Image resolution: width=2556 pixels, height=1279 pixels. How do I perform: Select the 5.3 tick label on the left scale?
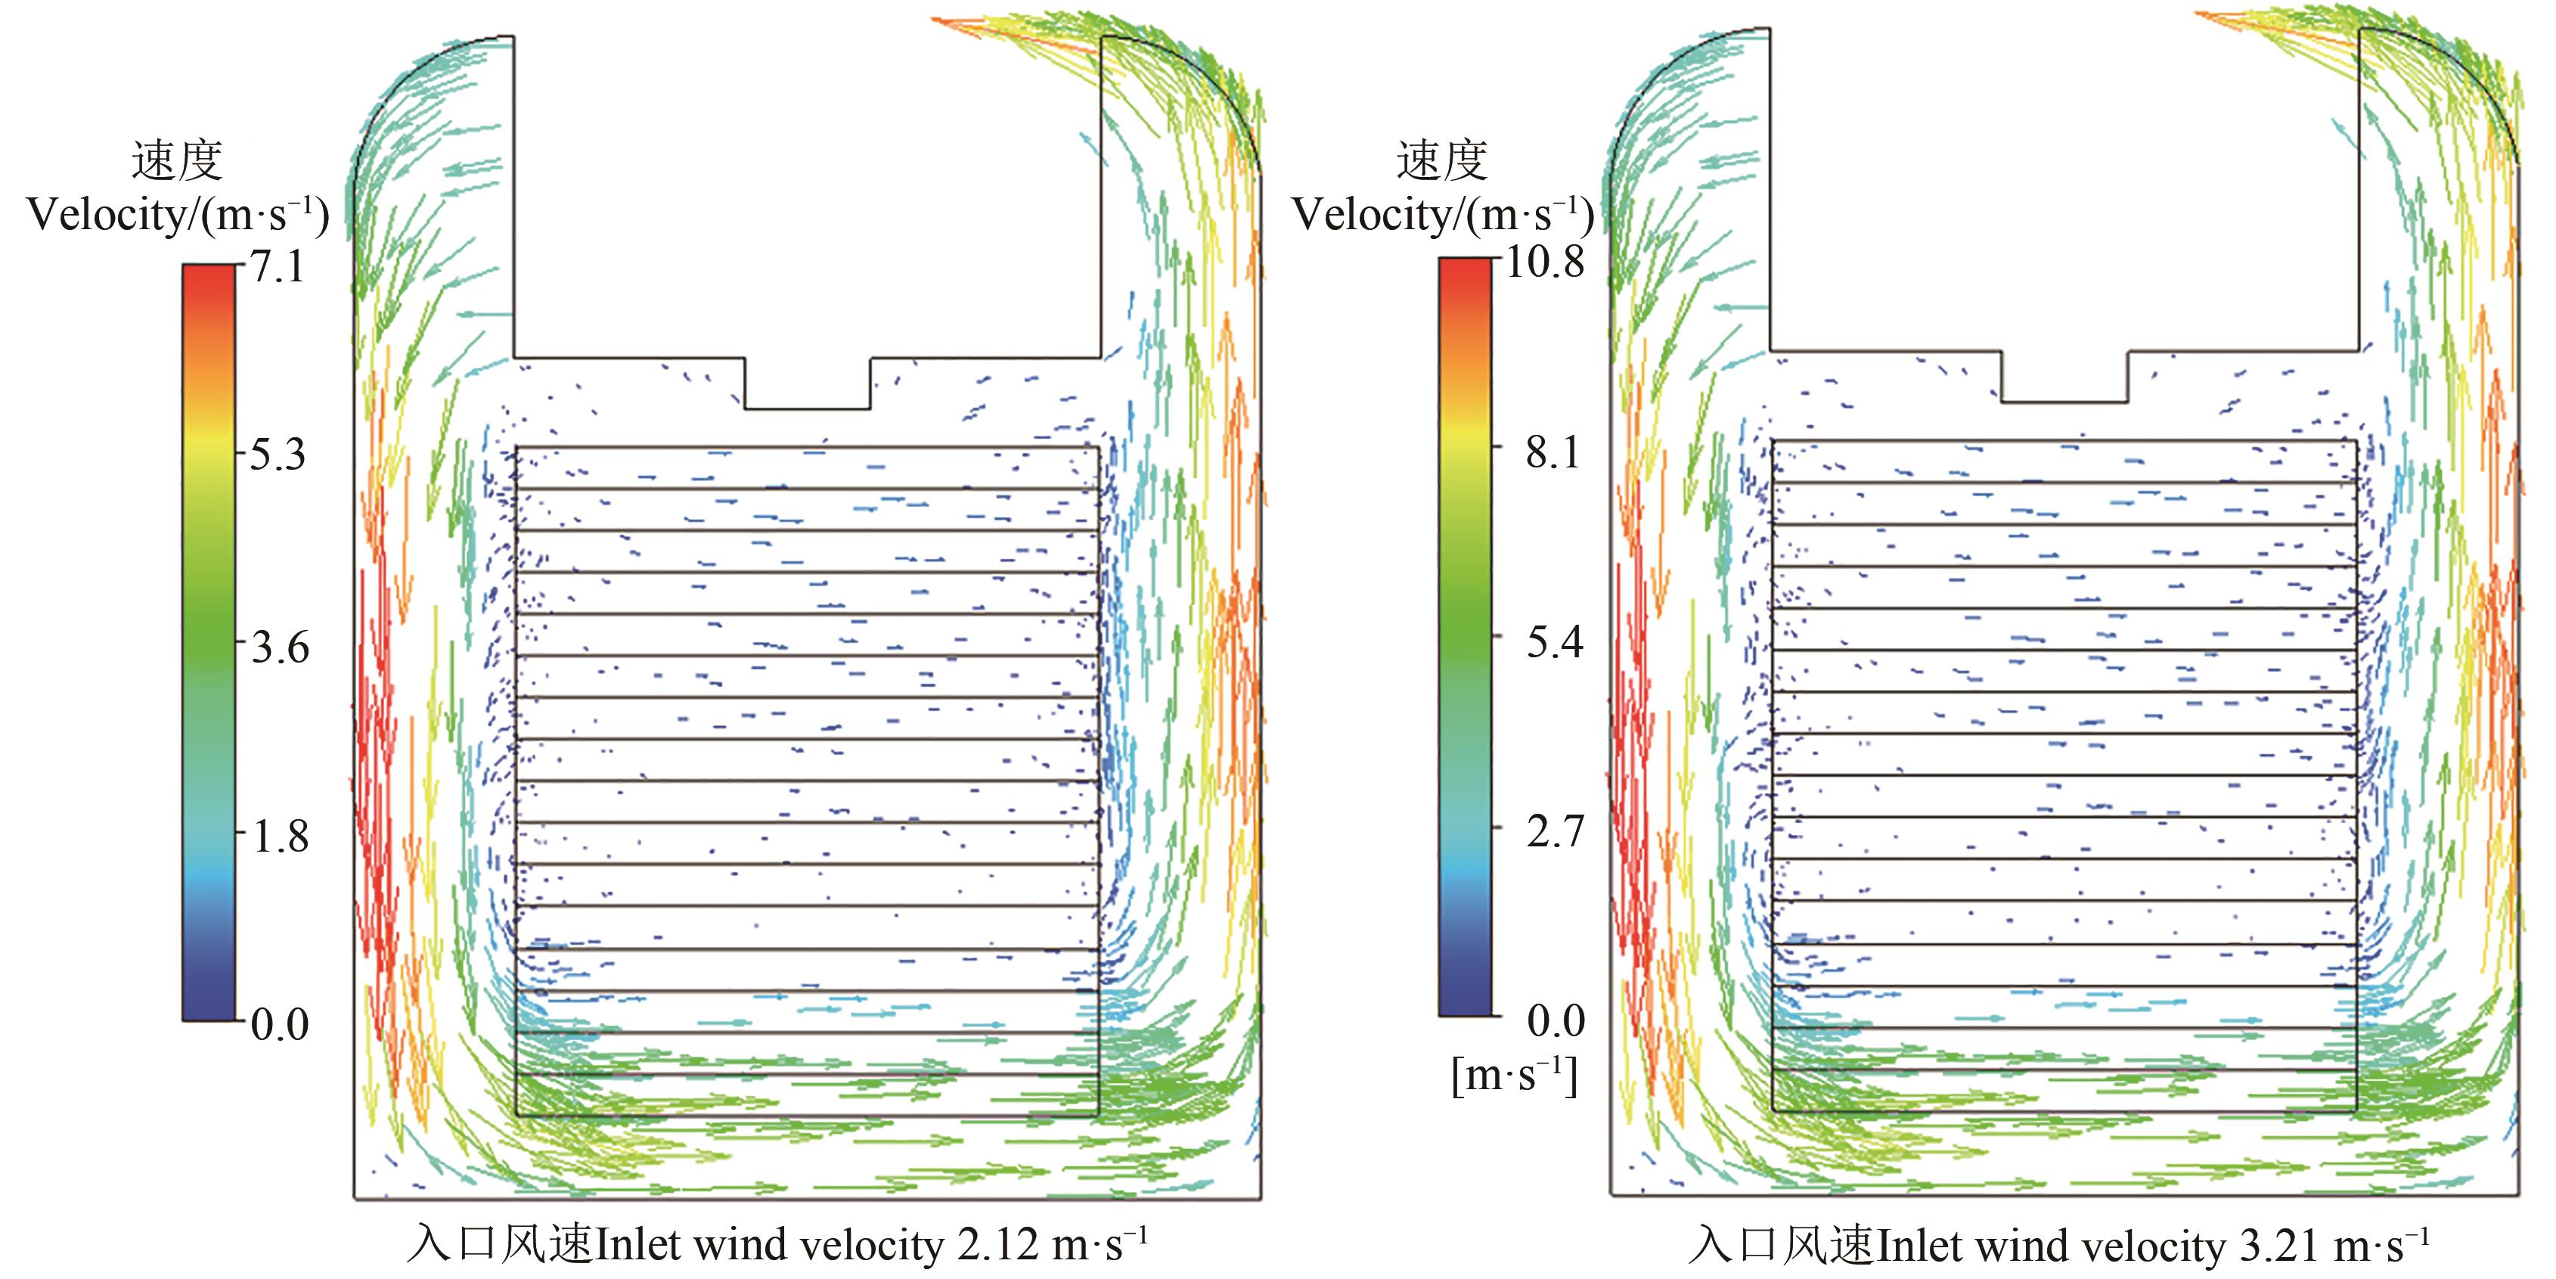click(277, 455)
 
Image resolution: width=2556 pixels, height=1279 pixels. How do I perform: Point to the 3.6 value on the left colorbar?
click(279, 648)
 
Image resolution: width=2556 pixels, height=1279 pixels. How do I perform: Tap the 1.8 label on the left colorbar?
click(279, 837)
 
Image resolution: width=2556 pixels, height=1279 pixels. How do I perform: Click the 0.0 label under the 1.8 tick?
click(279, 1024)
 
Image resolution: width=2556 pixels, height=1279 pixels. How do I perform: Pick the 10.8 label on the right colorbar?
click(1544, 263)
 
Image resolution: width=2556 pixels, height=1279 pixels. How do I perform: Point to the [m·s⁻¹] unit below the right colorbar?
click(1513, 1075)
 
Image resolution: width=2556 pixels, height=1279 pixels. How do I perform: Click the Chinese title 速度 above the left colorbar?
click(177, 161)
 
